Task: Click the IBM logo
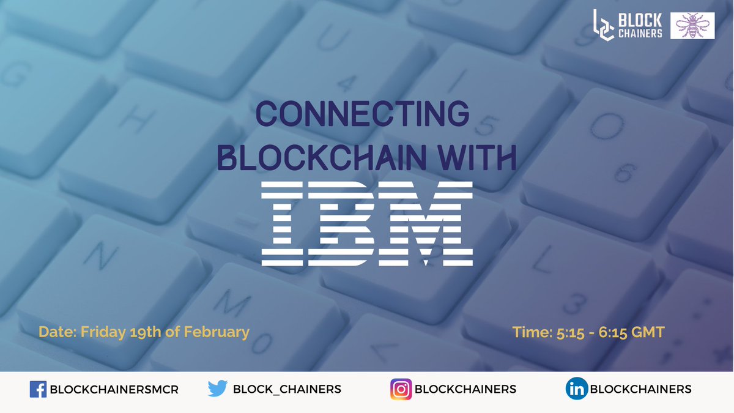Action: pos(367,225)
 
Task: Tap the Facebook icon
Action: pos(38,389)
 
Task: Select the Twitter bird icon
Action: pos(217,389)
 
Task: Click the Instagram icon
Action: pos(401,389)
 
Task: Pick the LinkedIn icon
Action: pos(576,389)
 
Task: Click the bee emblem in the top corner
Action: pos(692,26)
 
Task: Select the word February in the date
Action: pos(220,332)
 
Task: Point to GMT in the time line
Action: pos(648,332)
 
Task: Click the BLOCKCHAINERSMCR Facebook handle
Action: pos(114,389)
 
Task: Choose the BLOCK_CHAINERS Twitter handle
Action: pos(287,389)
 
